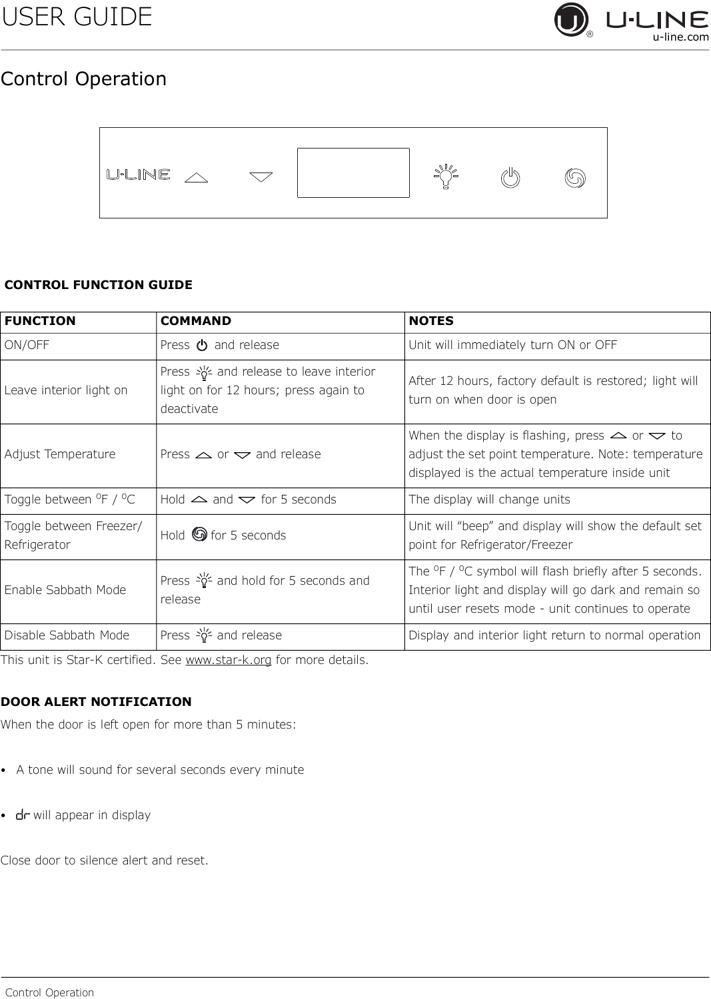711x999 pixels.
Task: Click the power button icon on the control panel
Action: (x=510, y=178)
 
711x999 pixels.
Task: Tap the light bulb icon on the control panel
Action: (x=446, y=176)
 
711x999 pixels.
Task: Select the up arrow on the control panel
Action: (x=196, y=177)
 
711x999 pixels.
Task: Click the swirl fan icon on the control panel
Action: (x=574, y=178)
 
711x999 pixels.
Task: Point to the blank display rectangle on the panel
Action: (x=353, y=172)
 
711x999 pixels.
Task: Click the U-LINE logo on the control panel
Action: (x=139, y=174)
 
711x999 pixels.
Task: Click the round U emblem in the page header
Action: (x=571, y=20)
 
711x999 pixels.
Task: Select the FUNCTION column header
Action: (x=40, y=321)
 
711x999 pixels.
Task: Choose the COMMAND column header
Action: (x=196, y=321)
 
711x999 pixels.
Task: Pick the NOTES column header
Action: (x=431, y=321)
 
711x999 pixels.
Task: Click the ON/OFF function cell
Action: (x=27, y=345)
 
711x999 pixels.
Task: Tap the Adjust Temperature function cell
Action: (x=60, y=454)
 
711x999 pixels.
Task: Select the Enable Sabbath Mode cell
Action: (x=65, y=590)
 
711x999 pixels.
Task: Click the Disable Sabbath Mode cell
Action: (x=67, y=635)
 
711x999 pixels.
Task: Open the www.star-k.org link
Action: (x=228, y=661)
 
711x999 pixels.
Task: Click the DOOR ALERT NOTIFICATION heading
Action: (x=96, y=702)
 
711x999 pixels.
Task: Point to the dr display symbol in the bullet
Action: (x=23, y=815)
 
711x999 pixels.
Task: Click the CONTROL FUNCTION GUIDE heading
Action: (x=99, y=285)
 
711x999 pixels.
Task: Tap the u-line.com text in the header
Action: (x=680, y=37)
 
